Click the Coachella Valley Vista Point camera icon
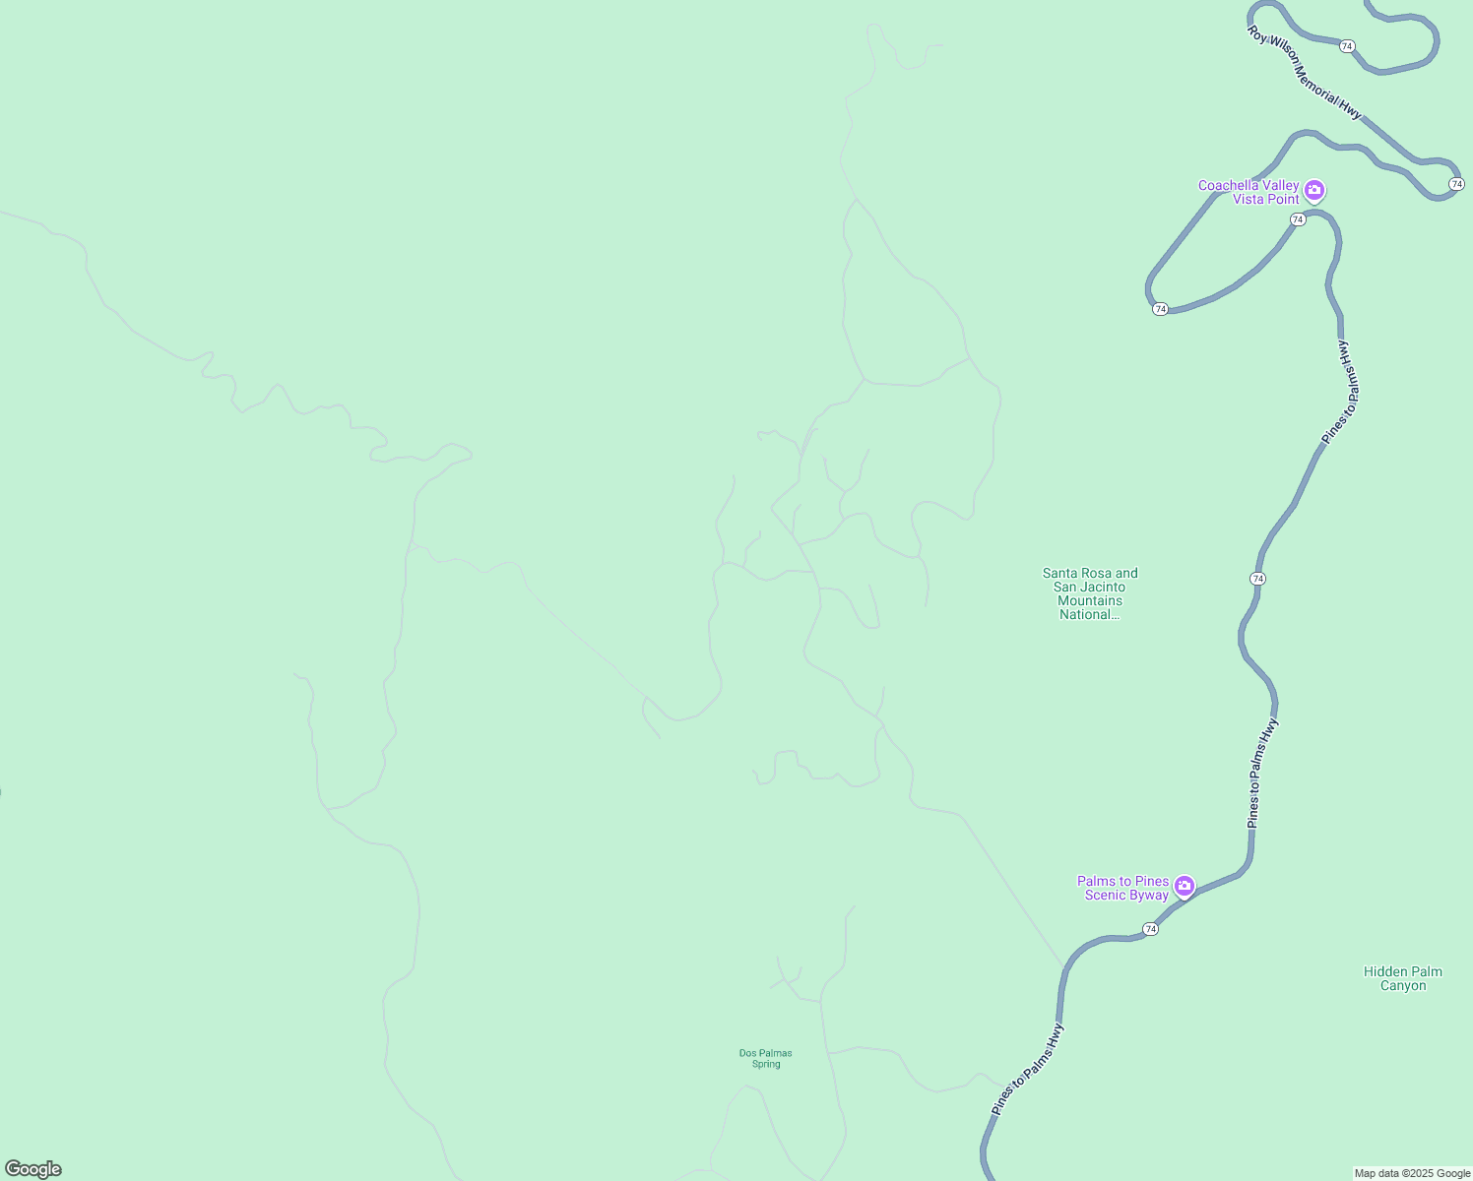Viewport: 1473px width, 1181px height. click(x=1314, y=190)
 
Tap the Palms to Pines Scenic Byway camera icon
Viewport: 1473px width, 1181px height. click(x=1185, y=886)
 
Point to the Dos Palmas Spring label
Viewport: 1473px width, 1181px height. click(x=766, y=1058)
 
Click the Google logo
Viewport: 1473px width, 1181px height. click(x=33, y=1169)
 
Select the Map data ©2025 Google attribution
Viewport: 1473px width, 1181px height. click(x=1411, y=1173)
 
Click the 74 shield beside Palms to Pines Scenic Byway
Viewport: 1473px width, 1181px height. click(x=1150, y=929)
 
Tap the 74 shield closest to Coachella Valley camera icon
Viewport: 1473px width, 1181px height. click(x=1298, y=219)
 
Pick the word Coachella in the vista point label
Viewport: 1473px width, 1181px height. click(x=1232, y=185)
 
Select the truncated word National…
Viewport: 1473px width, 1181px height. click(x=1089, y=614)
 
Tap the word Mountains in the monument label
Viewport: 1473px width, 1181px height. click(x=1089, y=600)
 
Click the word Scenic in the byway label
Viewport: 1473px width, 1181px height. click(x=1106, y=895)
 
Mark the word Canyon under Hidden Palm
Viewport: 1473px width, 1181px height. click(x=1402, y=985)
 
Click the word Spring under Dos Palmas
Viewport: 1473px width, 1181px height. click(x=766, y=1064)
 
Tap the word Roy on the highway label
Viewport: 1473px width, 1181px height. click(x=1256, y=33)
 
